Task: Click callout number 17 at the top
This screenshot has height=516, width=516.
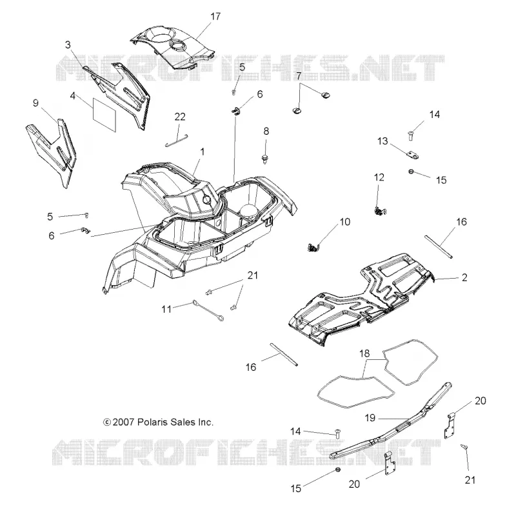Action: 215,16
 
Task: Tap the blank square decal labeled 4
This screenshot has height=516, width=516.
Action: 104,115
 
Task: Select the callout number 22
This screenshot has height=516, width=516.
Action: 180,117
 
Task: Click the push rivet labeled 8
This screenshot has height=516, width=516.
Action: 265,159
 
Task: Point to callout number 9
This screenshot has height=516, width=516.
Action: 36,103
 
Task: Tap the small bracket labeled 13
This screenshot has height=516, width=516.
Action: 412,155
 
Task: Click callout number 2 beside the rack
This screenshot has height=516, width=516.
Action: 464,277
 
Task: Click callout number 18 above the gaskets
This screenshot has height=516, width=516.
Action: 364,353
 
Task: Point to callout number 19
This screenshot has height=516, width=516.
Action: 370,417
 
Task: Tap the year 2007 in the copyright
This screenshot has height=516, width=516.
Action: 123,422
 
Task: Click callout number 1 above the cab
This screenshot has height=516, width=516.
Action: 203,152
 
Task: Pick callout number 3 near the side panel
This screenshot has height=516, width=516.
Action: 68,45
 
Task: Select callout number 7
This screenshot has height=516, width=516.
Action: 299,76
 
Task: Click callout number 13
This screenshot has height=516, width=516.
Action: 382,141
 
